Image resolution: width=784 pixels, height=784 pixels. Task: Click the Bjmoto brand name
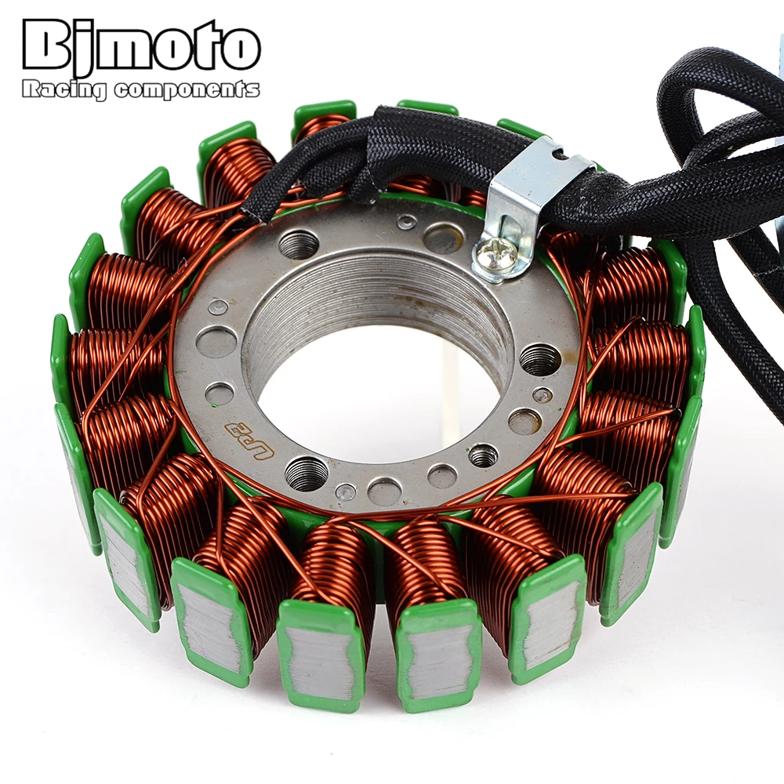pyautogui.click(x=141, y=49)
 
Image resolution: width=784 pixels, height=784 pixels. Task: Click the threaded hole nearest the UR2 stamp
pyautogui.click(x=307, y=474)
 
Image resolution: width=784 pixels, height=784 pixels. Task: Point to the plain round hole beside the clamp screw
pyautogui.click(x=444, y=238)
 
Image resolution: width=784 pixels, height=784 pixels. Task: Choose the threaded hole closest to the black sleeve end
pyautogui.click(x=299, y=245)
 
